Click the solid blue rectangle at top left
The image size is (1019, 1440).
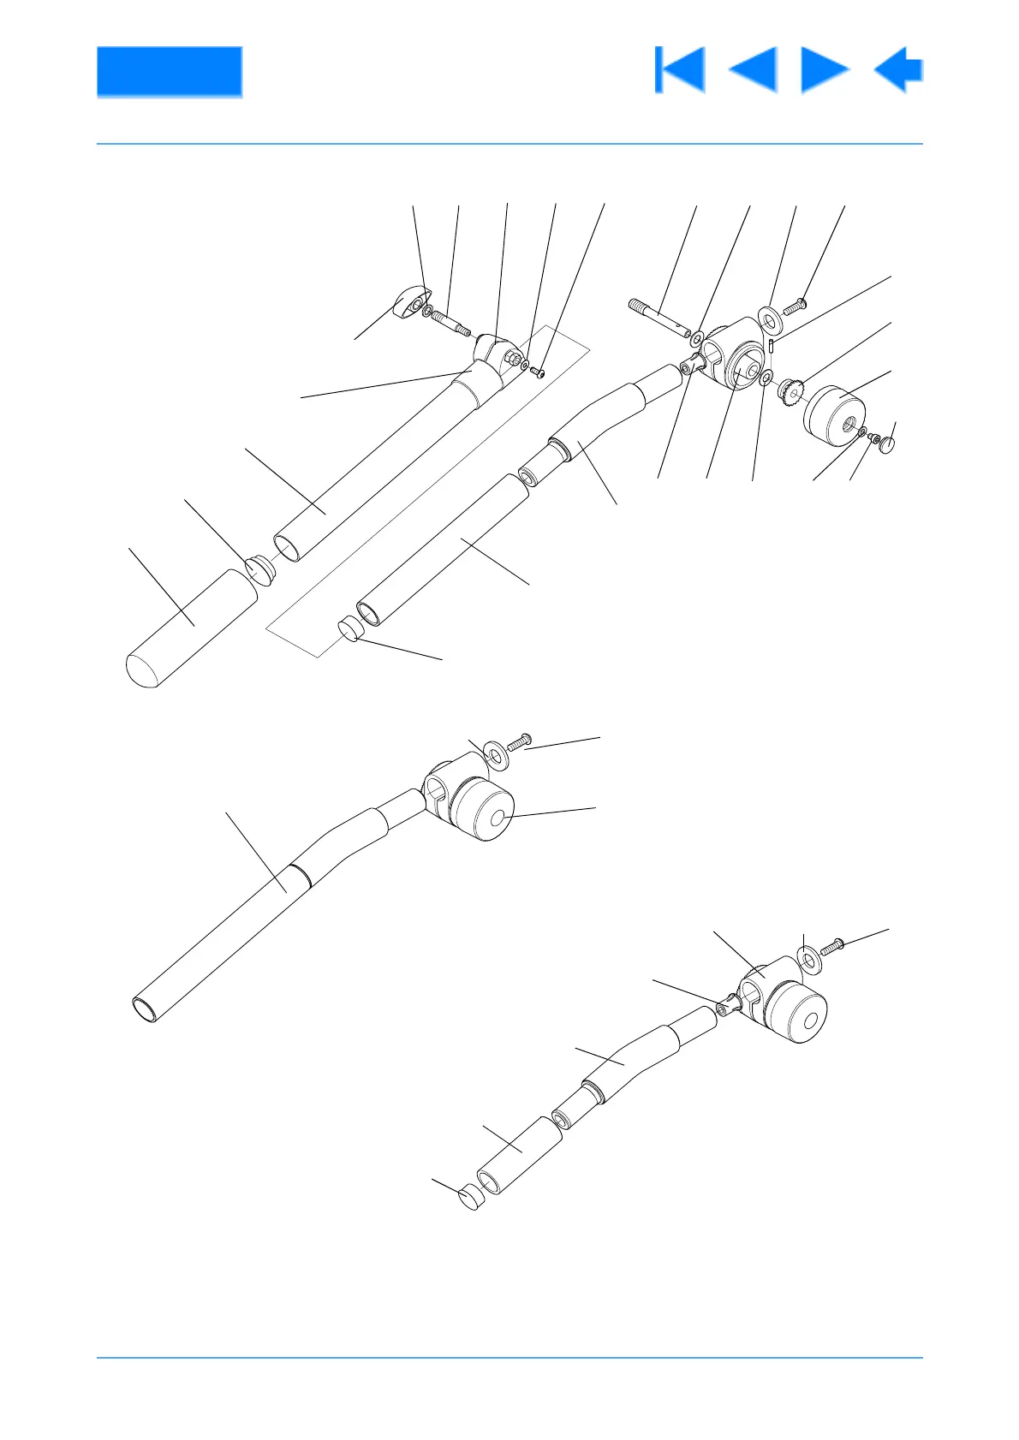click(169, 71)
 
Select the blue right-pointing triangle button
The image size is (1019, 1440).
click(823, 69)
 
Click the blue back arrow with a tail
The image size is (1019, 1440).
click(898, 69)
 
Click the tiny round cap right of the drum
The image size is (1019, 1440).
click(888, 444)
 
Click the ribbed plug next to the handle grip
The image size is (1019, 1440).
click(258, 568)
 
